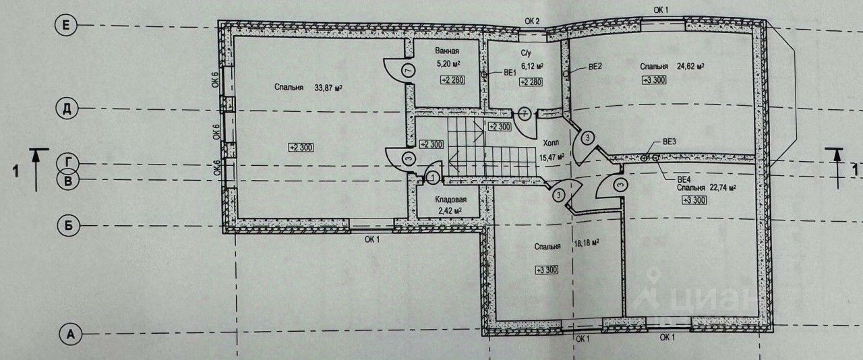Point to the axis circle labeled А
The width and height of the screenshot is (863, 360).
(68, 332)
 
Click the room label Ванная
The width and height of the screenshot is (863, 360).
(447, 51)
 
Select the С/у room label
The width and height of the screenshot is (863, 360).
(528, 52)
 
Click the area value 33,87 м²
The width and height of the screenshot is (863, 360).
(328, 87)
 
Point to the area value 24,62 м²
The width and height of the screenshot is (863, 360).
(691, 66)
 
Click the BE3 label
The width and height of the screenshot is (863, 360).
(669, 142)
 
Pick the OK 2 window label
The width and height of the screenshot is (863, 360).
(533, 21)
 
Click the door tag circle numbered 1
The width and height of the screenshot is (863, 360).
(433, 177)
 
